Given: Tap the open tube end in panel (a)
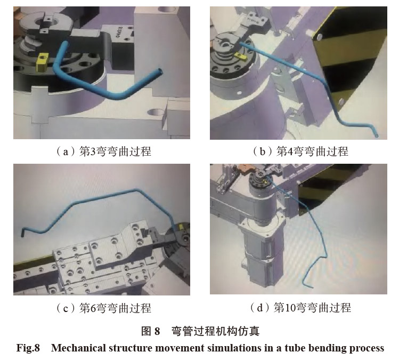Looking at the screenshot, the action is (160, 71).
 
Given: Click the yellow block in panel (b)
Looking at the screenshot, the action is (241, 57).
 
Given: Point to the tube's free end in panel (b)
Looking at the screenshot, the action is (376, 136).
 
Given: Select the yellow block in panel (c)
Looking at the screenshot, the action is (181, 227).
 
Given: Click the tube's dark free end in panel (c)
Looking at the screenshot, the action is (23, 233).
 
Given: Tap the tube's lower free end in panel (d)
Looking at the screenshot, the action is (312, 286).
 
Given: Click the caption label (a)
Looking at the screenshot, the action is (63, 152).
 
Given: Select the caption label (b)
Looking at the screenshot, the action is (262, 151).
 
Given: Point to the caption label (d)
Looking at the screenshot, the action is (260, 308).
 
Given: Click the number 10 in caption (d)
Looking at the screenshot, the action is (291, 308).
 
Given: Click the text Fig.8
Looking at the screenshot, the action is (28, 348).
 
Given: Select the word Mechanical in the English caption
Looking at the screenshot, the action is (78, 348).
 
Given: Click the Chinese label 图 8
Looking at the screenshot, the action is (150, 331).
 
